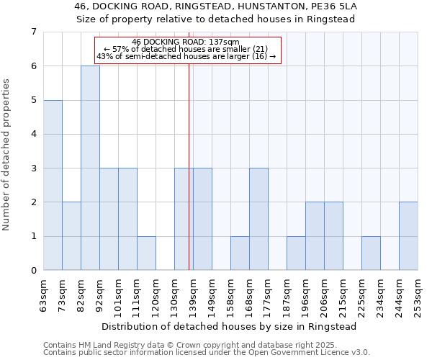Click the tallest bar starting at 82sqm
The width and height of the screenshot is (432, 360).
pos(90,168)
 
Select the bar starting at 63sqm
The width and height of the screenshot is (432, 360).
pos(53,185)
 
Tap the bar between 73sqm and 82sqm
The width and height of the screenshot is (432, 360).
pos(71,236)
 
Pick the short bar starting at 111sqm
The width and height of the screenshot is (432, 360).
pos(146,253)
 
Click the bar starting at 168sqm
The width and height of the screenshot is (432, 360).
pos(258,219)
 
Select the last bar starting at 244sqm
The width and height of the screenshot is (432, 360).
pos(408,236)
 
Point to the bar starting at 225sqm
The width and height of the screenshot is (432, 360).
pos(371,253)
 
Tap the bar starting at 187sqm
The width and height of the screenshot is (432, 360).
pos(296,253)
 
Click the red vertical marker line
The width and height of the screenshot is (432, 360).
pos(189,180)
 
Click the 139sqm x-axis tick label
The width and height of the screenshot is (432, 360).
pos(193,294)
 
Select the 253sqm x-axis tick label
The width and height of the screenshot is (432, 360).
pos(418,294)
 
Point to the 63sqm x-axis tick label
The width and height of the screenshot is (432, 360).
pos(43,294)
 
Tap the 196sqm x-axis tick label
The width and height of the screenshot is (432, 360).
pos(305,294)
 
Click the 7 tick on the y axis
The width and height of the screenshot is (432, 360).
pos(33,32)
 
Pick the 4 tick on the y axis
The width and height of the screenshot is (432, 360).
pos(33,134)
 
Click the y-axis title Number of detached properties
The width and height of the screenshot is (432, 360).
pos(7,151)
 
